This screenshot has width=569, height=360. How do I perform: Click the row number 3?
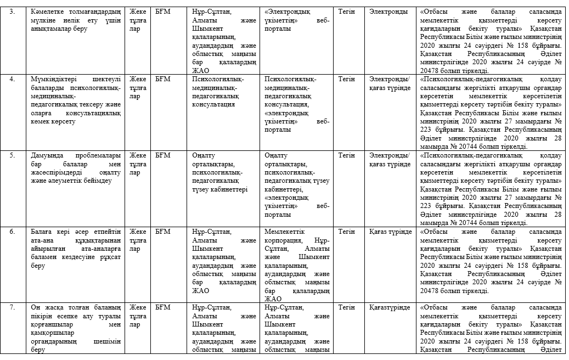pos(12,12)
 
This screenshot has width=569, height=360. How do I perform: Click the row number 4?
pos(12,79)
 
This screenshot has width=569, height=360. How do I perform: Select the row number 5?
pos(12,155)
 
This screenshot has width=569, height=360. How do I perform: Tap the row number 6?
pos(12,232)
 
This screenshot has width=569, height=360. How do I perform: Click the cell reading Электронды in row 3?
pos(388,12)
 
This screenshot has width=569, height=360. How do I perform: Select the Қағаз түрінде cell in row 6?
pos(390,232)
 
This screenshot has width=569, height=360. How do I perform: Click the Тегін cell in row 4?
pos(346,79)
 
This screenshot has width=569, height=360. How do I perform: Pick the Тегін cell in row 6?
pos(346,232)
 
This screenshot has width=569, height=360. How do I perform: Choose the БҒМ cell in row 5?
pos(163,155)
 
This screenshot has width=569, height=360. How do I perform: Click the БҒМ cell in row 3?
pos(163,12)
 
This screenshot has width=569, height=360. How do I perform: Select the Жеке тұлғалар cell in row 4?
pos(138,87)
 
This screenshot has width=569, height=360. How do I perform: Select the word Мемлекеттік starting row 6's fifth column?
pos(284,232)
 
